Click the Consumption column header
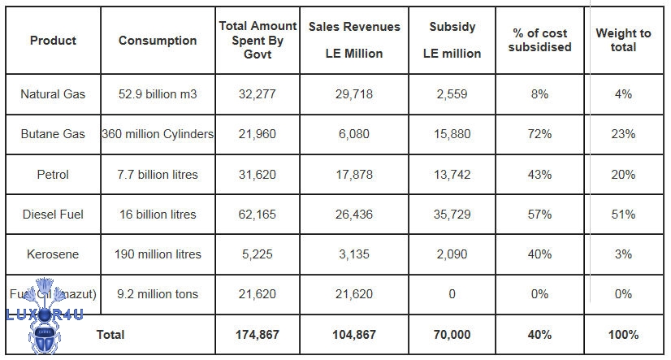pyautogui.click(x=157, y=41)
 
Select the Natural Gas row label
pyautogui.click(x=53, y=94)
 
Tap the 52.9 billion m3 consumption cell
pyautogui.click(x=157, y=94)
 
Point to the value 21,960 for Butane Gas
pyautogui.click(x=258, y=134)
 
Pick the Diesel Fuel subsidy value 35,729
pyautogui.click(x=452, y=215)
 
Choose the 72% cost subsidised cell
pyautogui.click(x=539, y=134)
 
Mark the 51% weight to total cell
pyautogui.click(x=623, y=215)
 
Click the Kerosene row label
pyautogui.click(x=53, y=254)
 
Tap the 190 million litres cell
pyautogui.click(x=157, y=254)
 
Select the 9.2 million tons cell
pyautogui.click(x=157, y=294)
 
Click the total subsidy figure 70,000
pyautogui.click(x=452, y=334)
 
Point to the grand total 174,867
pyautogui.click(x=258, y=334)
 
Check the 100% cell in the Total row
pyautogui.click(x=623, y=334)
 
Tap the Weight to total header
pyautogui.click(x=623, y=41)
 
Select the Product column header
pyautogui.click(x=53, y=41)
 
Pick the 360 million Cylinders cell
pyautogui.click(x=158, y=134)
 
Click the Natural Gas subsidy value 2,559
pyautogui.click(x=452, y=94)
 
